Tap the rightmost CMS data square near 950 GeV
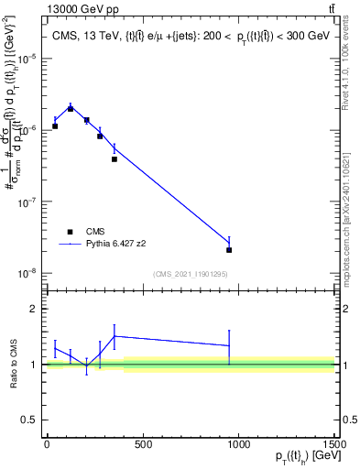click(229, 249)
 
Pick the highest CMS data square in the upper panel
click(71, 109)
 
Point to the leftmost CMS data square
click(55, 126)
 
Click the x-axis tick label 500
click(142, 445)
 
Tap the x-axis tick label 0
click(47, 445)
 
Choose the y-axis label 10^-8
click(27, 273)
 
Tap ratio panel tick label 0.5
click(30, 420)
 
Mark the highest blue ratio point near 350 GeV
click(114, 336)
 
